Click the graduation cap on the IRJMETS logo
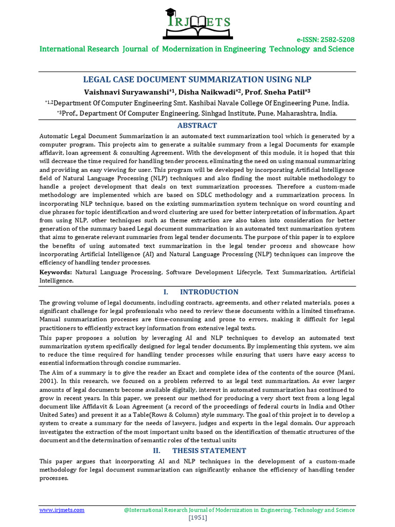coord(170,13)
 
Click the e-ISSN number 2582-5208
coord(333,40)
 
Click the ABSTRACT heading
coord(197,126)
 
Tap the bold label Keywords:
coord(56,271)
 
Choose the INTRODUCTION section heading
coord(209,292)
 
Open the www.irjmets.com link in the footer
coord(62,510)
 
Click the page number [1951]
coord(197,517)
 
